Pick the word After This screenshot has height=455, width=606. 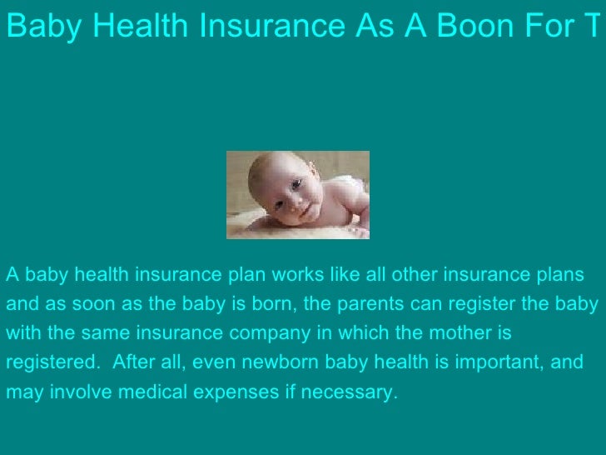[132, 362]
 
